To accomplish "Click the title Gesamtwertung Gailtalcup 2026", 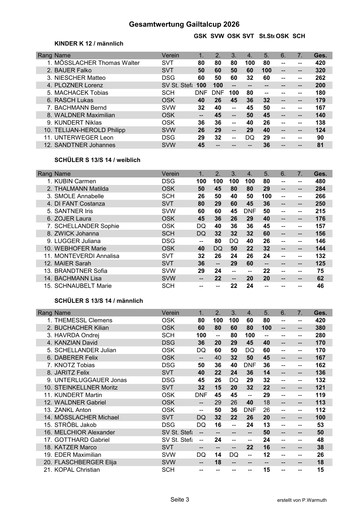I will (x=184, y=24).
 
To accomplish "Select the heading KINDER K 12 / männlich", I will (x=89, y=44).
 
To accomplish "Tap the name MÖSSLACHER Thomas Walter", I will (x=97, y=63).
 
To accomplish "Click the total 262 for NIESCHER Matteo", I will (x=320, y=78).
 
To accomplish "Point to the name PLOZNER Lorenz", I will (x=78, y=85).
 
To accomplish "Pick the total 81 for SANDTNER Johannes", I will (x=320, y=145).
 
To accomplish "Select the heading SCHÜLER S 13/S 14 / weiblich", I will (x=97, y=160).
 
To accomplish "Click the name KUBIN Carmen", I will (x=75, y=181).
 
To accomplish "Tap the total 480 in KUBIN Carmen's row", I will (x=320, y=181).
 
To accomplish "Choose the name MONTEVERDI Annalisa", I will (x=87, y=256).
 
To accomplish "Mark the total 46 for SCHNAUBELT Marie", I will (x=320, y=286).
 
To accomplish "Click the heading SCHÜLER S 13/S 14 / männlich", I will (x=98, y=301).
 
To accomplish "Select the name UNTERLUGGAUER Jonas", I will (x=90, y=380).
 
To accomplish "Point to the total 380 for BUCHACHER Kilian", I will (x=320, y=328).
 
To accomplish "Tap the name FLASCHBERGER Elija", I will (x=85, y=462).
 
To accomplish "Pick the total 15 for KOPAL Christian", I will (x=320, y=470).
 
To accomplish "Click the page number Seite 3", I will (x=180, y=499).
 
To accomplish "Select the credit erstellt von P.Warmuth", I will (x=302, y=500).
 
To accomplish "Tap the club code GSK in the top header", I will (x=200, y=36).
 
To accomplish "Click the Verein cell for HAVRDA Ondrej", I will (x=168, y=335).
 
